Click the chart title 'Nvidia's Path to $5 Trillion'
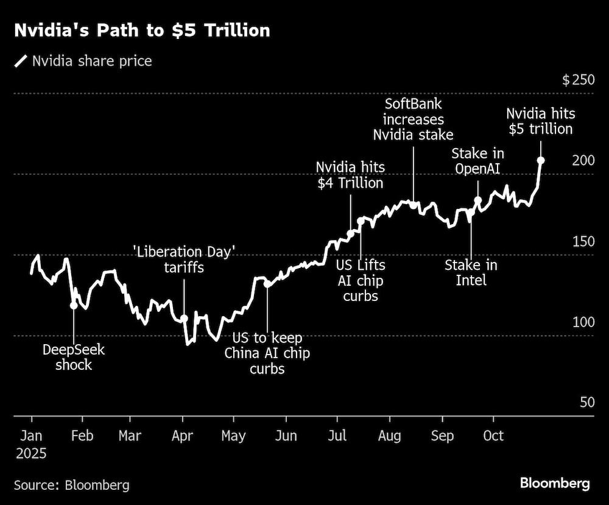click(x=142, y=31)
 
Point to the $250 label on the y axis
click(x=577, y=80)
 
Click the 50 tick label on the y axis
click(x=586, y=403)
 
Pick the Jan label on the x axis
click(x=32, y=436)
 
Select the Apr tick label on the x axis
click(x=182, y=436)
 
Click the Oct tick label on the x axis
click(x=493, y=436)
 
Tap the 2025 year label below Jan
click(x=32, y=454)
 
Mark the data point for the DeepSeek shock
click(x=74, y=305)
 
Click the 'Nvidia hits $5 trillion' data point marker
click(x=540, y=160)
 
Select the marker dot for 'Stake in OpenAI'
click(x=478, y=200)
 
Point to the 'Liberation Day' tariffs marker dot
click(x=184, y=318)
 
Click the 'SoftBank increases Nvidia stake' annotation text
click(x=414, y=119)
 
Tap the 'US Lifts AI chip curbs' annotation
click(x=361, y=281)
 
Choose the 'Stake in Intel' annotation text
click(x=471, y=273)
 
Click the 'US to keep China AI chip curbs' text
click(x=267, y=353)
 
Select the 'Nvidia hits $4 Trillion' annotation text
click(x=350, y=175)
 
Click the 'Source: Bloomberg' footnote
click(x=72, y=485)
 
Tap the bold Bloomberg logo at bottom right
click(x=555, y=484)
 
